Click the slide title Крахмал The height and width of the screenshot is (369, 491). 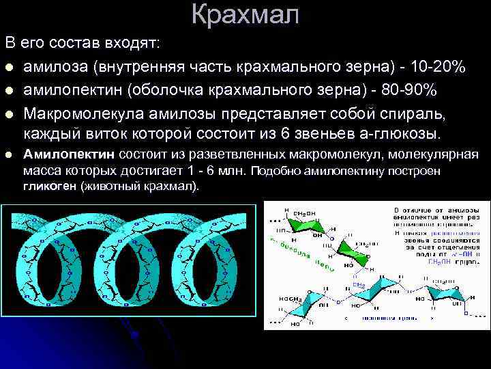245,15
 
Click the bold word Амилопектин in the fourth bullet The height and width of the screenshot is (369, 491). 70,154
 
